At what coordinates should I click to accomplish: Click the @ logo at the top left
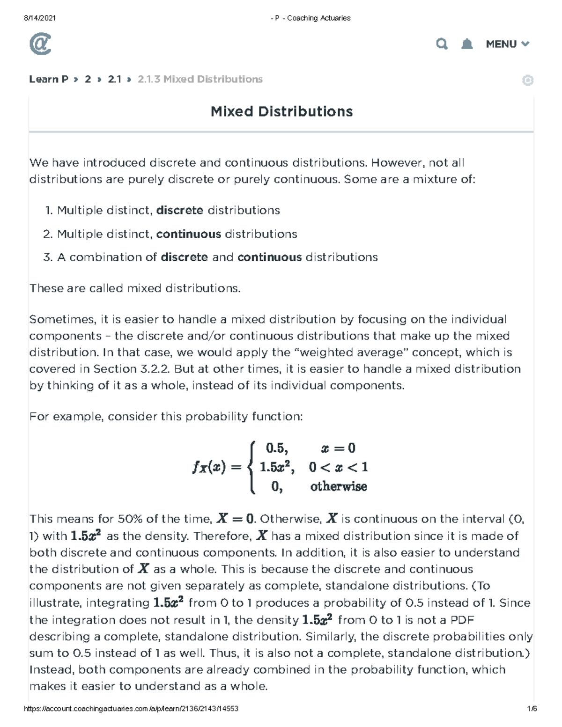(x=40, y=44)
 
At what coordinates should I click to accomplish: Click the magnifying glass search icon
(x=442, y=44)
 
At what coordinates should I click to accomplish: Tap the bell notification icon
(x=467, y=44)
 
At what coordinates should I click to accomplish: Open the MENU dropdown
(x=507, y=44)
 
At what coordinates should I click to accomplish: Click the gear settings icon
(x=527, y=81)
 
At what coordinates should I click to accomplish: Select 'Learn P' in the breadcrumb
(x=49, y=79)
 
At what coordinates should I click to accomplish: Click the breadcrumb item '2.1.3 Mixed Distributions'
(x=200, y=79)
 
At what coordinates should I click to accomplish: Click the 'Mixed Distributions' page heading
(x=281, y=111)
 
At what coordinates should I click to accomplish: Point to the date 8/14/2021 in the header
(x=40, y=18)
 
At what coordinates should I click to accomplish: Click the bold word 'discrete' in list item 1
(x=179, y=210)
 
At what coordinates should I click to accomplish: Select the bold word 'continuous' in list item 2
(x=188, y=234)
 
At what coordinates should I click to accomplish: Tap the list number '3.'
(x=48, y=257)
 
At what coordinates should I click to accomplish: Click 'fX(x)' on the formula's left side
(x=209, y=467)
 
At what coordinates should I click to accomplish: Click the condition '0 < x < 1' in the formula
(x=338, y=467)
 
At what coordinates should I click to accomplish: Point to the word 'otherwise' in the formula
(x=338, y=486)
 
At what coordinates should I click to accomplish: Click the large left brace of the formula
(x=252, y=467)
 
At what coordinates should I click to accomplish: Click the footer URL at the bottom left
(x=131, y=709)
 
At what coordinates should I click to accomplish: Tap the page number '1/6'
(x=532, y=709)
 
